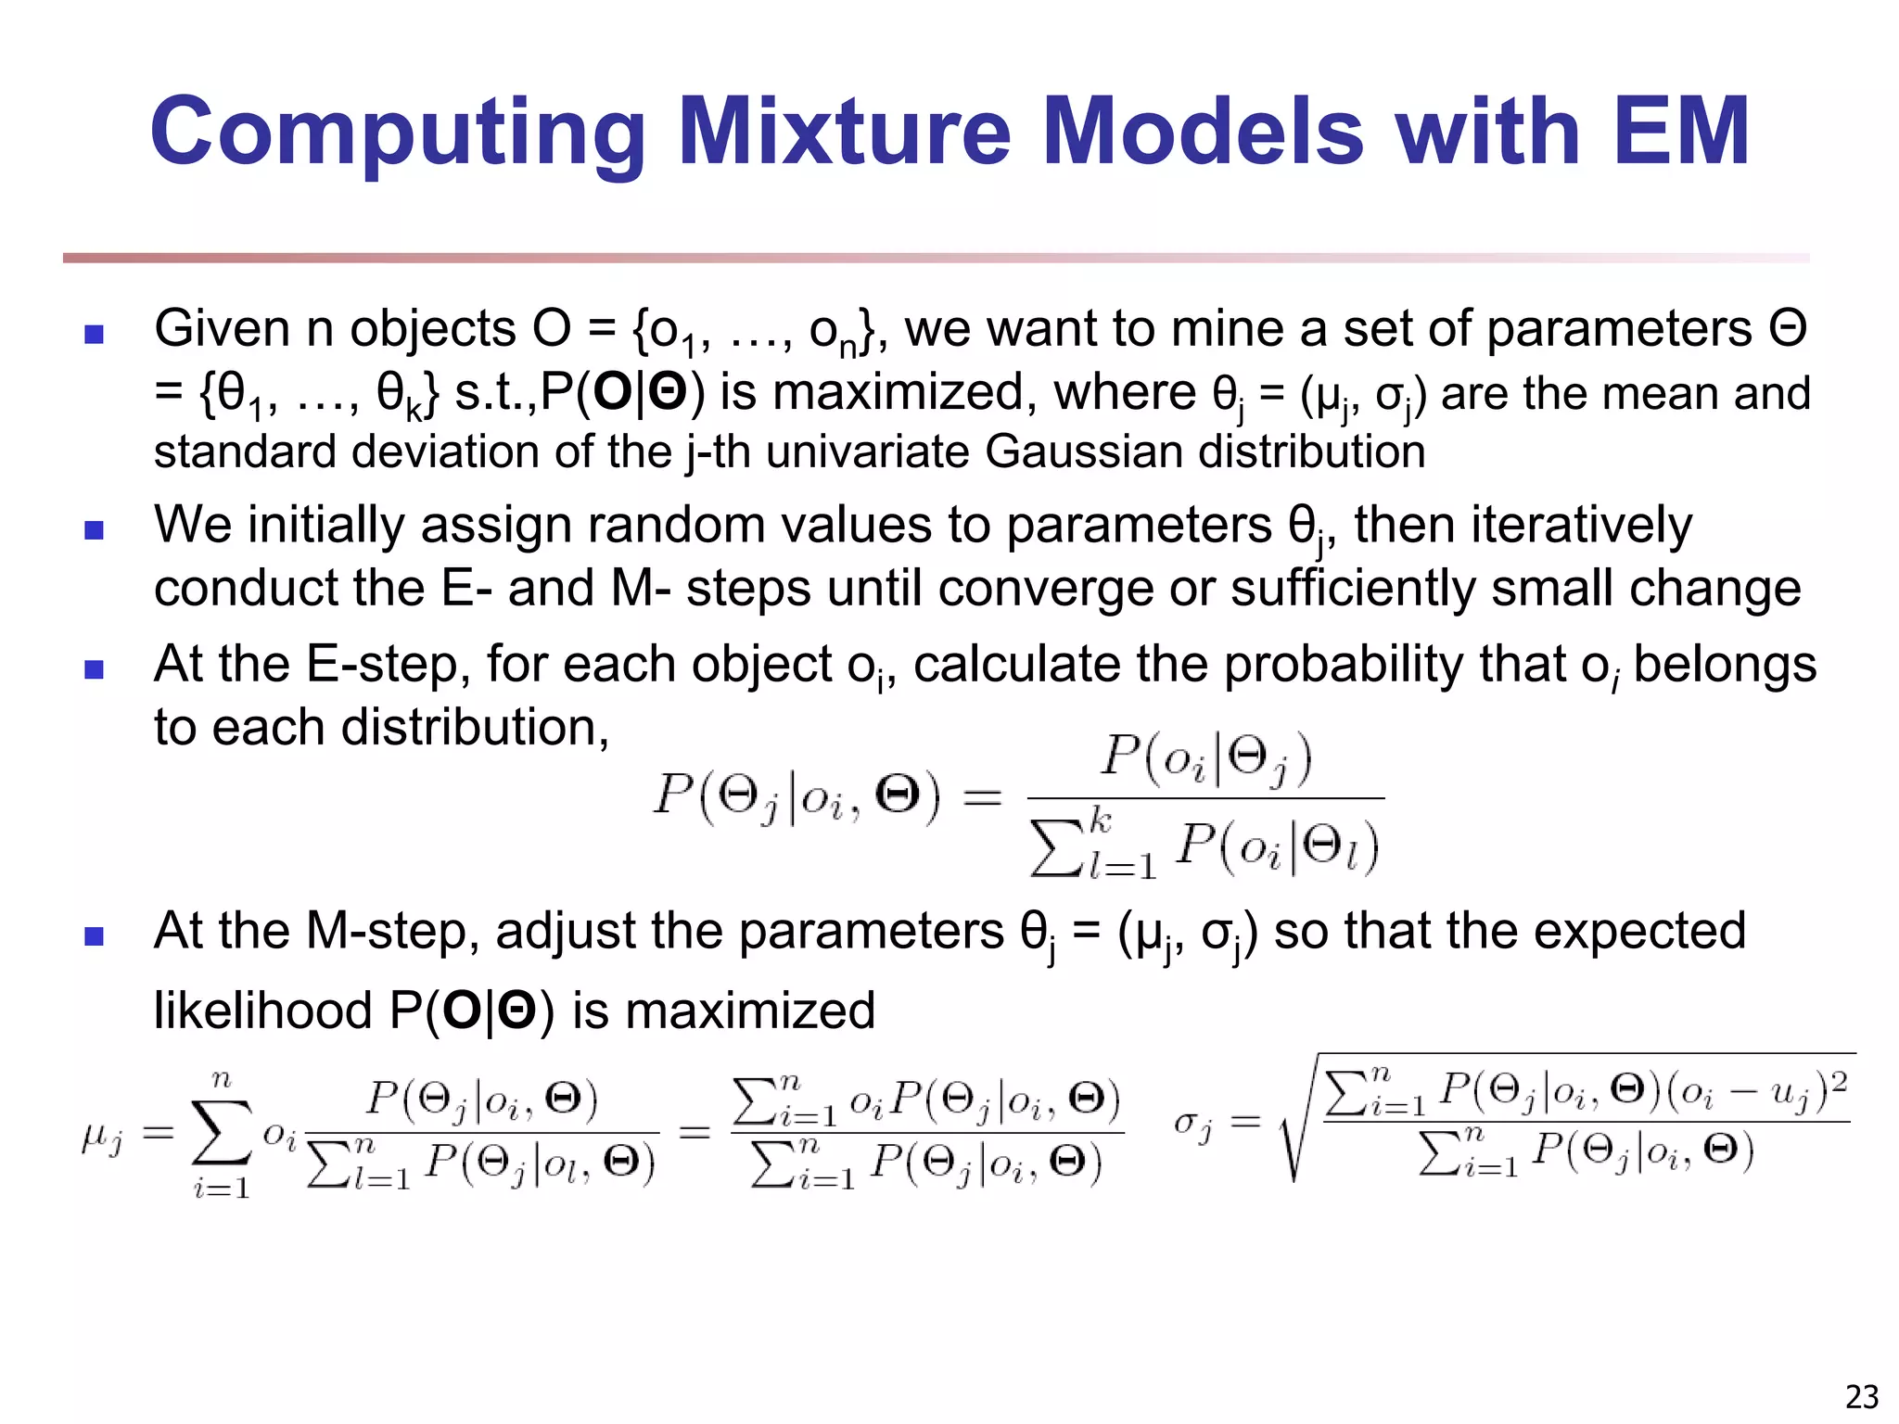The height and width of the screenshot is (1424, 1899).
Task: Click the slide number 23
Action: [x=1862, y=1396]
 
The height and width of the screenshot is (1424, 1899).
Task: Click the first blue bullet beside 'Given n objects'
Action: [x=94, y=334]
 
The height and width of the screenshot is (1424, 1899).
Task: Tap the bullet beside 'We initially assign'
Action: [x=94, y=530]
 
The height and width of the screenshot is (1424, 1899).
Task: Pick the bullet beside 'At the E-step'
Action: [x=94, y=669]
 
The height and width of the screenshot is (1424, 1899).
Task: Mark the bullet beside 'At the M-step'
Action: [x=94, y=935]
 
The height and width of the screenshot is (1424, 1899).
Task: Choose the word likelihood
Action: [x=262, y=1011]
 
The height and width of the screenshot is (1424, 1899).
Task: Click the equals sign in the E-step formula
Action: [x=982, y=796]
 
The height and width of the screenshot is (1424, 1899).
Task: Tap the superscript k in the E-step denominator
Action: [x=1100, y=820]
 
